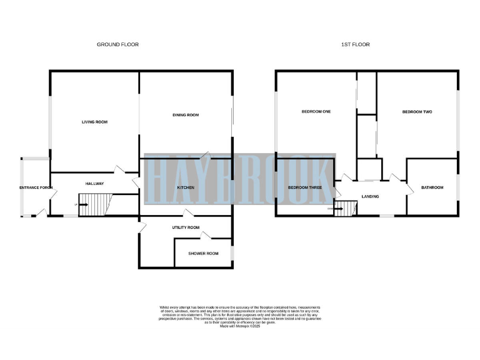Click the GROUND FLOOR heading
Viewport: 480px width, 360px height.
pyautogui.click(x=117, y=44)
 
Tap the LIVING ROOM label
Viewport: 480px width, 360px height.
pyautogui.click(x=94, y=122)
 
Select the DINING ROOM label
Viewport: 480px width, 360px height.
pyautogui.click(x=185, y=115)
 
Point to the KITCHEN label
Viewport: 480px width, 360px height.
pyautogui.click(x=186, y=187)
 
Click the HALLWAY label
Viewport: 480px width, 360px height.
pyautogui.click(x=94, y=183)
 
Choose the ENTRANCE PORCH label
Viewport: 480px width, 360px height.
pyautogui.click(x=35, y=187)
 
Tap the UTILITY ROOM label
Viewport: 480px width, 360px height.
pyautogui.click(x=186, y=227)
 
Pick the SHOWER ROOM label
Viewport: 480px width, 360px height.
pyautogui.click(x=204, y=253)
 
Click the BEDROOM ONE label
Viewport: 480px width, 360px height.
pyautogui.click(x=316, y=112)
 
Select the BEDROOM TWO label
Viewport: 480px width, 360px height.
pyautogui.click(x=417, y=112)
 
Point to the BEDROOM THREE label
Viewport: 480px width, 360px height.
pyautogui.click(x=305, y=187)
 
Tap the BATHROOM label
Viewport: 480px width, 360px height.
pyautogui.click(x=432, y=187)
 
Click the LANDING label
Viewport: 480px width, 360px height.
pyautogui.click(x=370, y=197)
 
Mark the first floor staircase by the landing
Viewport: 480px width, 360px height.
pyautogui.click(x=345, y=208)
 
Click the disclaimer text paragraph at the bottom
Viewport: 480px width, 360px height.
pyautogui.click(x=240, y=314)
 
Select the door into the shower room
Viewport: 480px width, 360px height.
pyautogui.click(x=207, y=236)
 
